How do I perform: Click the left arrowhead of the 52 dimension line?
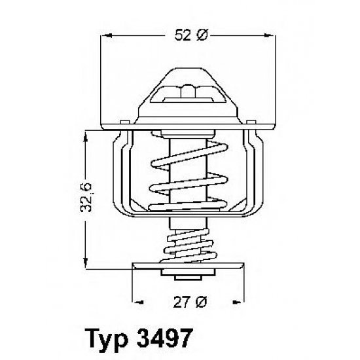pyautogui.click(x=107, y=37)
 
